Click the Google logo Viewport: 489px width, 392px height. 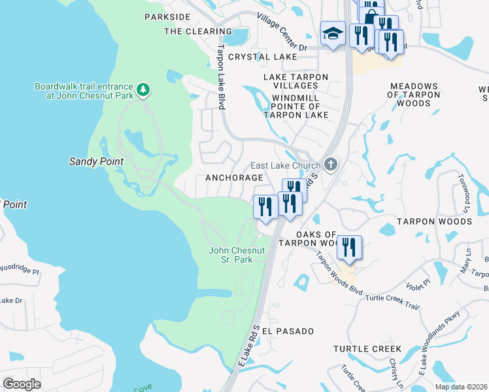click(22, 384)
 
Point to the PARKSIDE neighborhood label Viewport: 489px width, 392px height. click(167, 16)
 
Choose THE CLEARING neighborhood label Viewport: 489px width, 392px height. click(190, 31)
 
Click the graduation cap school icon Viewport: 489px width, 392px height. click(333, 34)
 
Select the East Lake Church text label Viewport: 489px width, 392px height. click(286, 165)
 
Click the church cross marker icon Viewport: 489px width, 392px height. click(331, 164)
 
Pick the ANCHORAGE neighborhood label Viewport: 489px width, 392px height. click(234, 178)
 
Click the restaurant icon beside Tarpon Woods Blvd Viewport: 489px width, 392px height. click(350, 248)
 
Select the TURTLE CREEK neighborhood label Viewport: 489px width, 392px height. click(367, 350)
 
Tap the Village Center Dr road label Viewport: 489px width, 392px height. click(282, 33)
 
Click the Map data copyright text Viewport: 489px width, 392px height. click(460, 387)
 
